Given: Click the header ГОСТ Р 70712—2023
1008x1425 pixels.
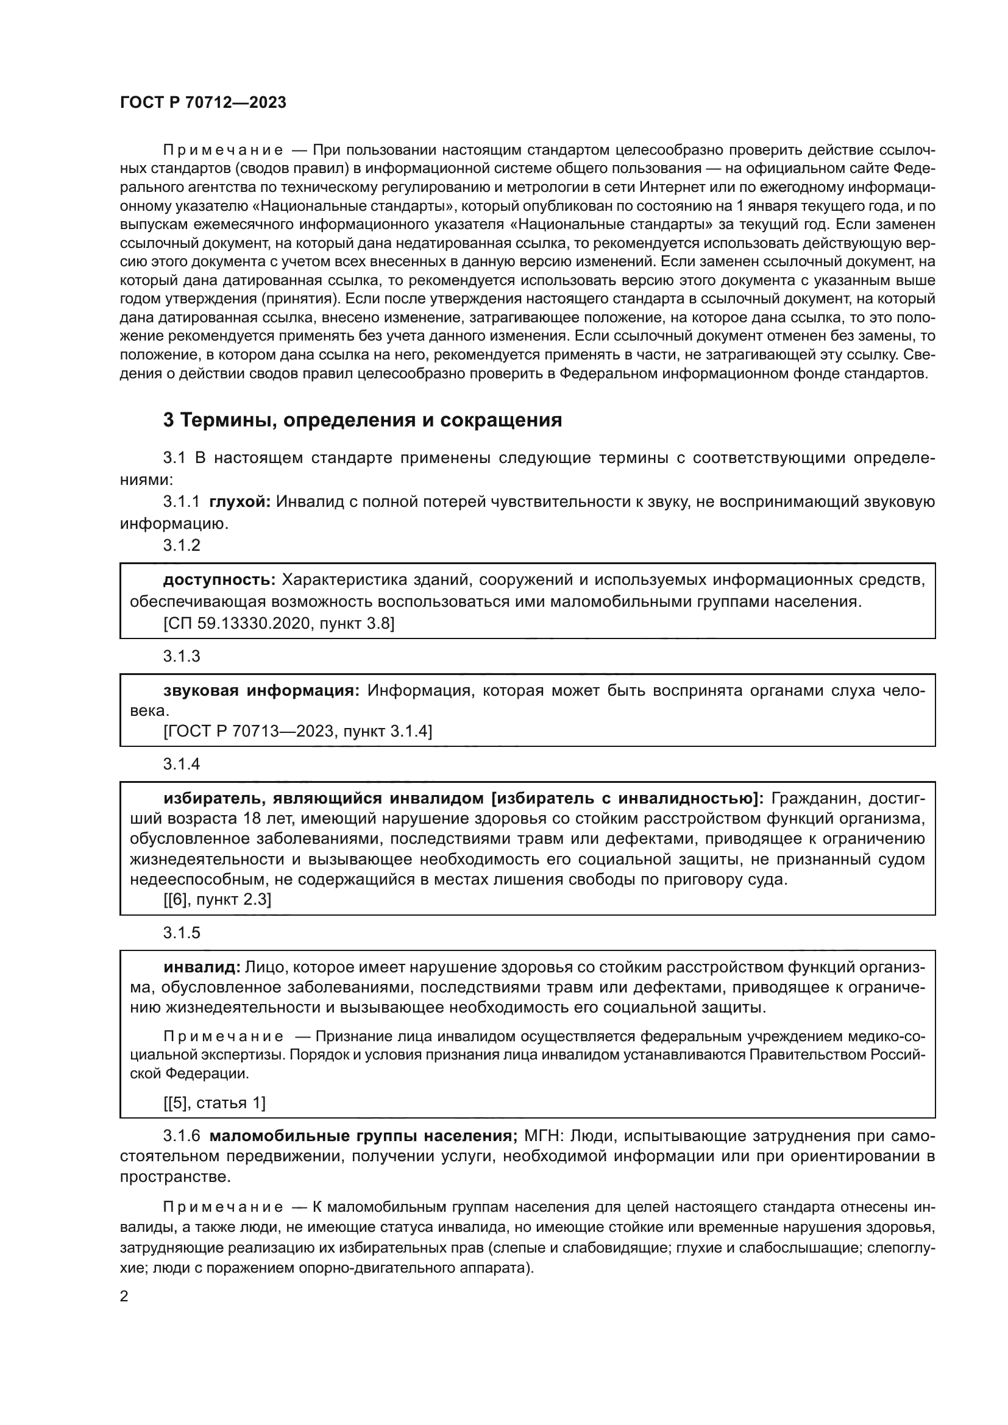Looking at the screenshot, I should point(203,102).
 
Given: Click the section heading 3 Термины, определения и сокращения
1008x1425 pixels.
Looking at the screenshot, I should point(363,420).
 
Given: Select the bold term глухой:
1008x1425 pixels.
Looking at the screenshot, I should point(240,501).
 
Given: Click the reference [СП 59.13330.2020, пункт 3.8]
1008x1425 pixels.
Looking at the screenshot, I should point(279,623).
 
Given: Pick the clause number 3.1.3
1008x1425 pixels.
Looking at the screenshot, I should point(181,656).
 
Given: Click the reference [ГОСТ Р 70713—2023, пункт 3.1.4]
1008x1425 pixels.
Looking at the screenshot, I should point(297,731).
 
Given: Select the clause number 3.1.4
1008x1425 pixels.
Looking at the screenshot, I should point(181,764).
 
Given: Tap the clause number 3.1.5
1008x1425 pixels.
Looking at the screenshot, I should point(181,933).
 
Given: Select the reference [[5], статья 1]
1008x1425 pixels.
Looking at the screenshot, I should point(214,1103).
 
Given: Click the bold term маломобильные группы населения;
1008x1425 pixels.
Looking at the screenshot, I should point(364,1136).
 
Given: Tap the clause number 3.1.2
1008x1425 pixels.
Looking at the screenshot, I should point(181,545).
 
